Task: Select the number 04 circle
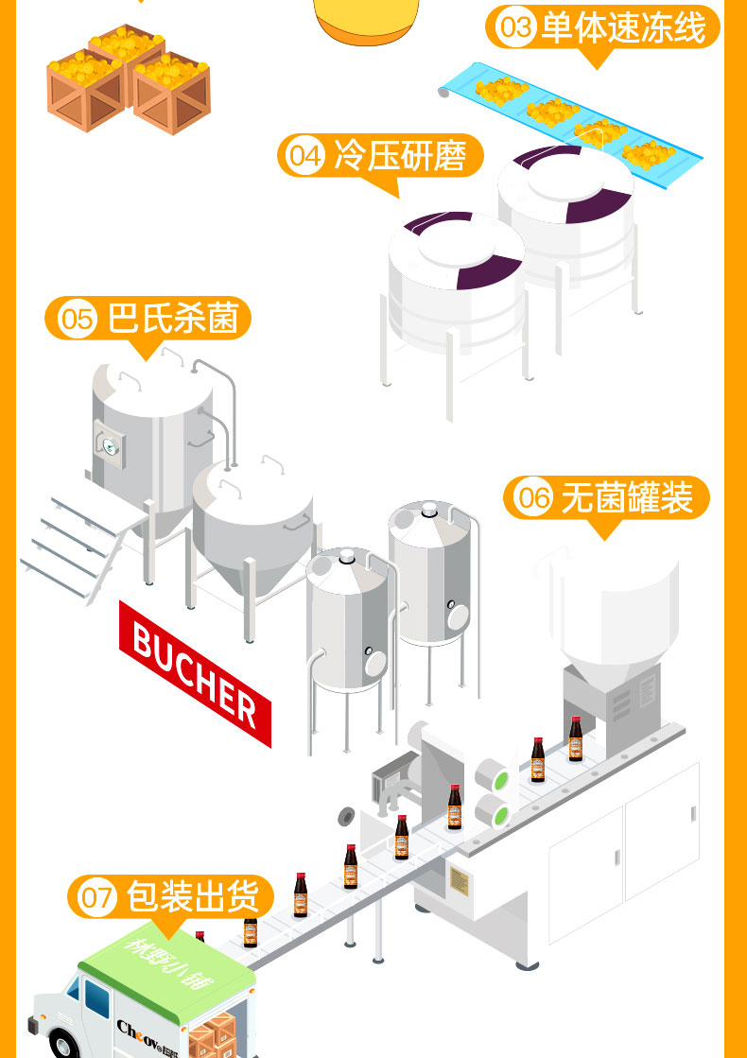coord(305,155)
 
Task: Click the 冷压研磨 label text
coord(400,156)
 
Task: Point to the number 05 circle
coord(78,318)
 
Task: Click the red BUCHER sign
coord(195,671)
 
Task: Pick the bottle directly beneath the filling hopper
coord(576,739)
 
